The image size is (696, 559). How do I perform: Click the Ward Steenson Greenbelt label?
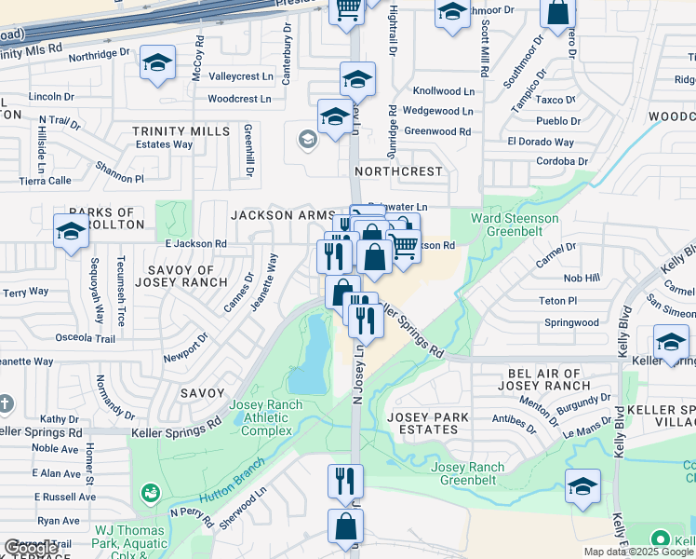pyautogui.click(x=515, y=225)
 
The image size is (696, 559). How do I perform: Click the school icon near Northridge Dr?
pyautogui.click(x=157, y=63)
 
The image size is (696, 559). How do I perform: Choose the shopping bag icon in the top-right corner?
pyautogui.click(x=559, y=14)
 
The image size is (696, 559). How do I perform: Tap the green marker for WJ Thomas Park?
pyautogui.click(x=148, y=491)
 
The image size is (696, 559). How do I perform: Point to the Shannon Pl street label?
pyautogui.click(x=119, y=171)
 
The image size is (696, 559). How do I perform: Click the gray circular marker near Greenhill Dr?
pyautogui.click(x=306, y=140)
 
